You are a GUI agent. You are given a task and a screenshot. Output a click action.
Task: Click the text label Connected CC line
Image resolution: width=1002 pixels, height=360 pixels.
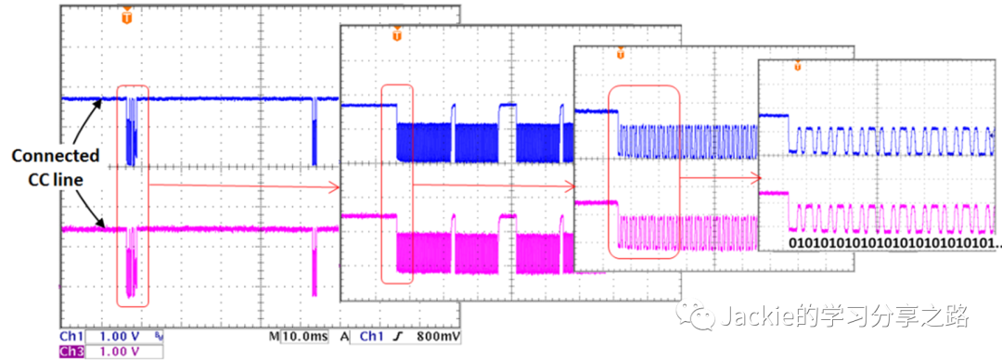56,168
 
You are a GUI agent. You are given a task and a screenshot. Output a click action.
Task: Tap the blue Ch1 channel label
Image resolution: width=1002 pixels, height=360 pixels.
70,337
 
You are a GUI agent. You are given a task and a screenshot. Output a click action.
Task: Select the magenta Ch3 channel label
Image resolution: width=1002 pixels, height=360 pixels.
70,352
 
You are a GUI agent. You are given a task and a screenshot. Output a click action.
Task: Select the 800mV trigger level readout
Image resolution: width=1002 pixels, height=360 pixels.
439,337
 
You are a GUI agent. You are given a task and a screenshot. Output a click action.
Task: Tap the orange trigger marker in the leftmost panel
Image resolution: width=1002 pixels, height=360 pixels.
127,17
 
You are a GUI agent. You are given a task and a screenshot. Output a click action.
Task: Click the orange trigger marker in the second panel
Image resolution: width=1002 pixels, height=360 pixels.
397,34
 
